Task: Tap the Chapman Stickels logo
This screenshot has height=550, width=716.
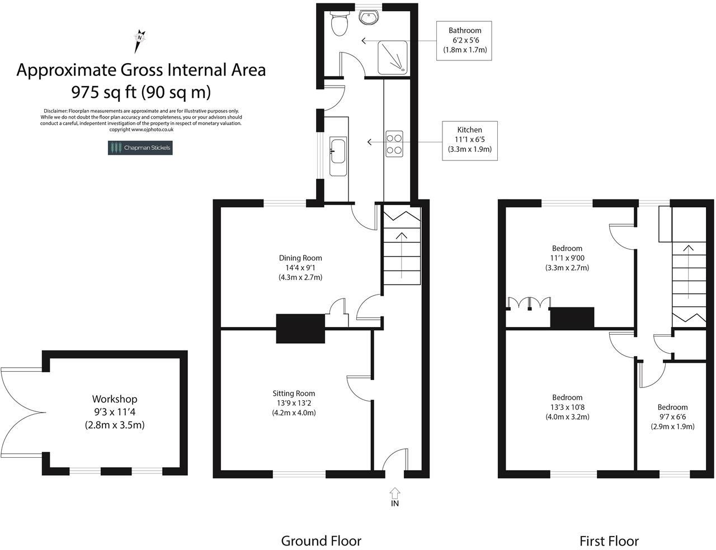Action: click(140, 148)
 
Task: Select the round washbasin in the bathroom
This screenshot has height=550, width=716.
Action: click(369, 18)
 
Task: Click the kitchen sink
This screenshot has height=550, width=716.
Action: click(338, 150)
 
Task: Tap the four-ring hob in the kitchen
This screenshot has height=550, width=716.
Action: click(394, 142)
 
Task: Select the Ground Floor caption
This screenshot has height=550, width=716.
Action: click(321, 540)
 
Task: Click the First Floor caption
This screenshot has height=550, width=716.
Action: click(609, 540)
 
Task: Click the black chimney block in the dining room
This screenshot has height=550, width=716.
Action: click(300, 328)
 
